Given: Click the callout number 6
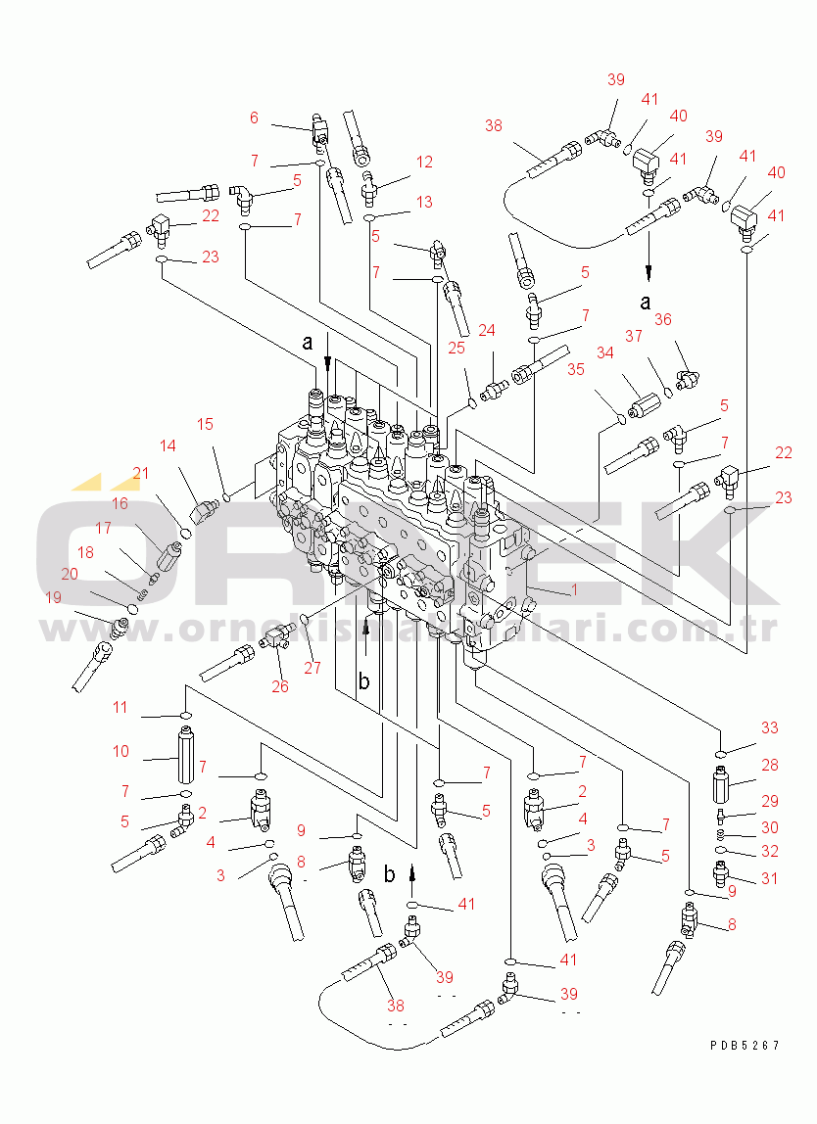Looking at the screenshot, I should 254,117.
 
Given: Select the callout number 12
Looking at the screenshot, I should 423,162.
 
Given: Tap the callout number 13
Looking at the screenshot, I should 423,202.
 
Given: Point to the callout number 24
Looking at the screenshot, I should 487,331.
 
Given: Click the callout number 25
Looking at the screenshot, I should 456,349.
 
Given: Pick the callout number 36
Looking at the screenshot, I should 663,318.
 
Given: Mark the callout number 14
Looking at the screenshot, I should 168,445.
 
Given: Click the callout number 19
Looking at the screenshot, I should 53,596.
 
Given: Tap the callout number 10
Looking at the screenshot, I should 120,751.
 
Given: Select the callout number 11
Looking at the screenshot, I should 120,707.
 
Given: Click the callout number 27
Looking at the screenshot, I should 312,669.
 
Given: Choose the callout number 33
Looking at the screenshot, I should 770,727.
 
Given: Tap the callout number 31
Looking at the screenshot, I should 770,878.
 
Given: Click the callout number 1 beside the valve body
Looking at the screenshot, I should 574,590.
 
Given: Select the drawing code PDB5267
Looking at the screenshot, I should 745,1045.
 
